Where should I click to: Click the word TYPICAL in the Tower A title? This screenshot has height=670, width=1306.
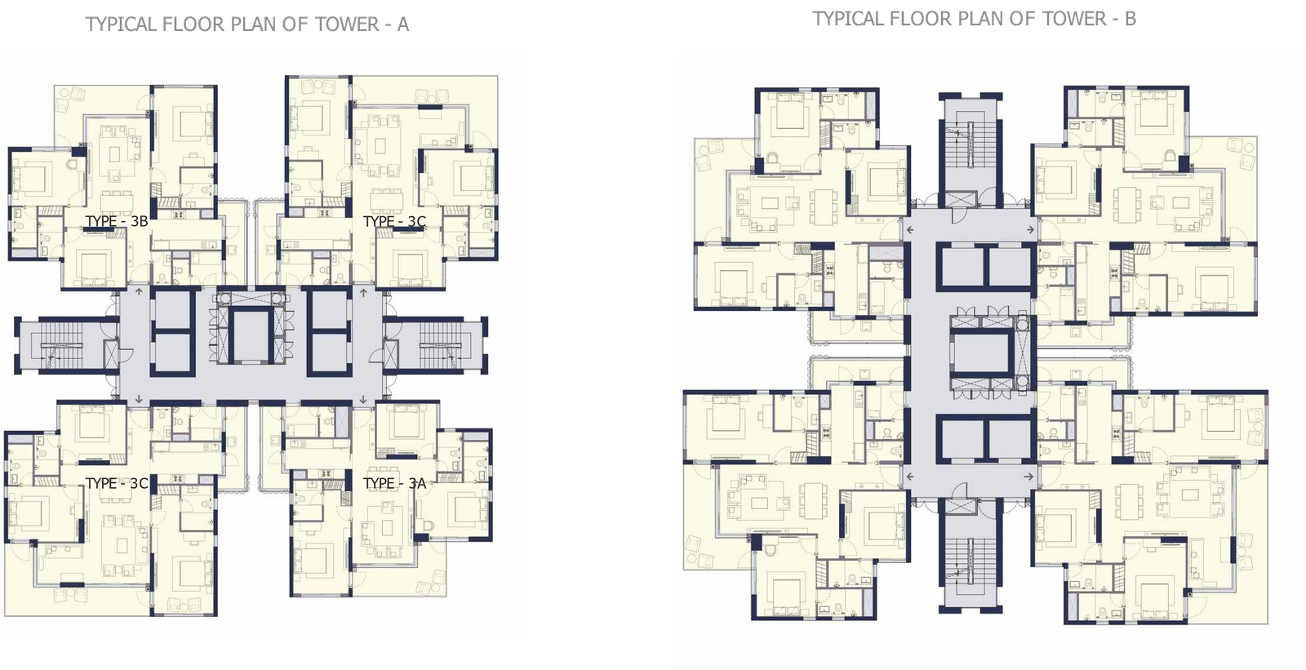point(122,24)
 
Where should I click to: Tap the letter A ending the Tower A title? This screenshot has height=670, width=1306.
point(403,24)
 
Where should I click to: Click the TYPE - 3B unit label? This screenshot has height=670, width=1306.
point(117,221)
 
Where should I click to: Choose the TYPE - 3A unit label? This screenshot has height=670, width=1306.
point(395,483)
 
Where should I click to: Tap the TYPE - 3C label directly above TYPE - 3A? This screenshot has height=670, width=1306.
point(395,221)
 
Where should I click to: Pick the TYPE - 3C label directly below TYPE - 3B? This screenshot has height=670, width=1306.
point(117,483)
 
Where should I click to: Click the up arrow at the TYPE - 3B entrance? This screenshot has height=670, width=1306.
point(139,291)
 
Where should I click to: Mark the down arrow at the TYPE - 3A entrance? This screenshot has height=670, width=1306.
point(363,399)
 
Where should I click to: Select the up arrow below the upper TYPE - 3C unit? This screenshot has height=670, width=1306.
point(363,291)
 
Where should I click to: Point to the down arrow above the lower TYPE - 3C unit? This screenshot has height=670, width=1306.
point(139,399)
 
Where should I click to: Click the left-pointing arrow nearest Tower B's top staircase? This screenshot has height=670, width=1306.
point(909,230)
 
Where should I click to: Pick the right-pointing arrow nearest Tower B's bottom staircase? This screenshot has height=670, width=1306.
point(1029,477)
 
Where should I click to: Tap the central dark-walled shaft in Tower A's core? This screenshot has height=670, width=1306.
point(251,335)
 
